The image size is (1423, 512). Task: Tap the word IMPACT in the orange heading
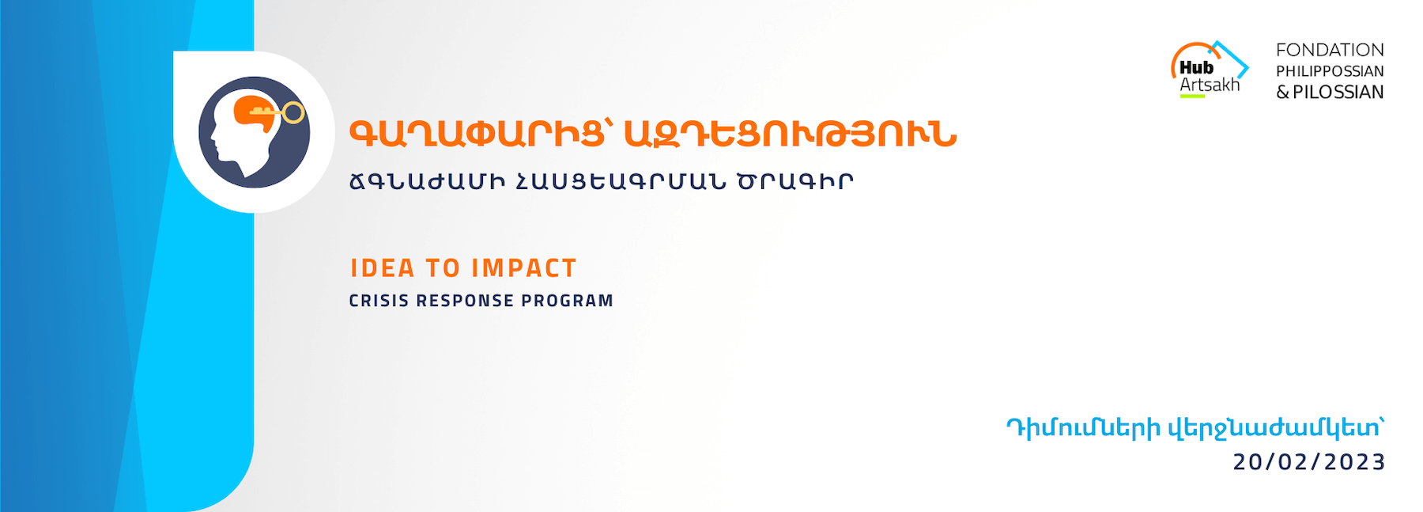(524, 268)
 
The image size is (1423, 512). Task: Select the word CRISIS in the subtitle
(379, 301)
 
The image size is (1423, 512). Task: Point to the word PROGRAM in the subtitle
(567, 301)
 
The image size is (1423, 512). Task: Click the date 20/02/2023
(1309, 461)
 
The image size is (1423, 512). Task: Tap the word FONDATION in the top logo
(1330, 50)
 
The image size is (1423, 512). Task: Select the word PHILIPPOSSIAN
(1330, 71)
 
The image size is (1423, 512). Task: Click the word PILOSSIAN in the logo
(1338, 92)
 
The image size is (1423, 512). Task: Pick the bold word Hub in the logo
(1196, 67)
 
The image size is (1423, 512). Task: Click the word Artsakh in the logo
(1210, 85)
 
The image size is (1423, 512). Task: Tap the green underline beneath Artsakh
(1192, 97)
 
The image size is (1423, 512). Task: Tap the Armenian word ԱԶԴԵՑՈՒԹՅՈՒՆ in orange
(791, 135)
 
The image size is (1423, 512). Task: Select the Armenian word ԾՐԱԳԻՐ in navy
(795, 181)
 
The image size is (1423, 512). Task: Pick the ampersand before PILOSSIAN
(1283, 92)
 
